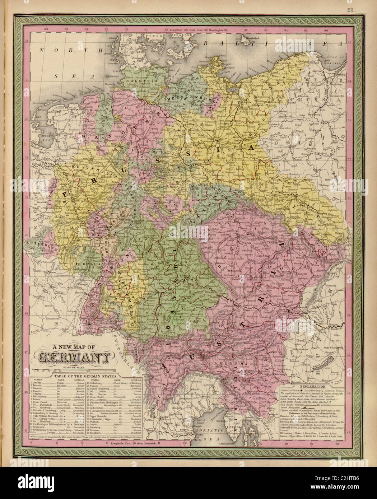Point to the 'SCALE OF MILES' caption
pyautogui.click(x=73, y=367)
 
